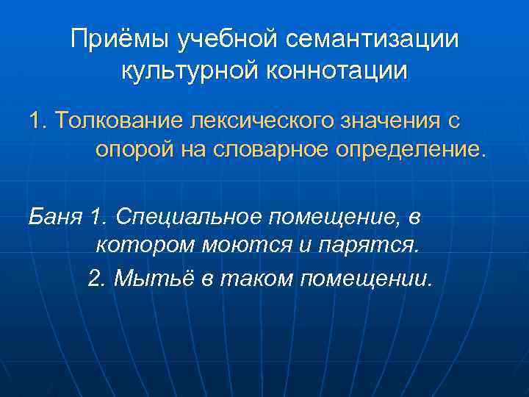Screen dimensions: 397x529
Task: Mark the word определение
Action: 415,151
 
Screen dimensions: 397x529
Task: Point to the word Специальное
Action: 188,217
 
